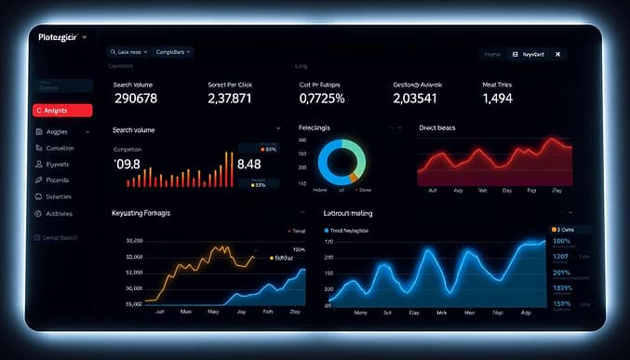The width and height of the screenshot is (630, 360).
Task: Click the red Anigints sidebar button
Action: [61, 110]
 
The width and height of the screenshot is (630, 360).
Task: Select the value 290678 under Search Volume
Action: [135, 99]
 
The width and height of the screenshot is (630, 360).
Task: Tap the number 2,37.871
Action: [230, 99]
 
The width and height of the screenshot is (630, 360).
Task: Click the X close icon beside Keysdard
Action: [557, 55]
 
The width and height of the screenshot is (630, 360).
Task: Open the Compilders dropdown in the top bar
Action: [173, 52]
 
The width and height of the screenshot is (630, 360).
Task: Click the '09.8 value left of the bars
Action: [127, 165]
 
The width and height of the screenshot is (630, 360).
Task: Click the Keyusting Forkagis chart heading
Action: [147, 213]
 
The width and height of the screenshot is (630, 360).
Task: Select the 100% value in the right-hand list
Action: [561, 241]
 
